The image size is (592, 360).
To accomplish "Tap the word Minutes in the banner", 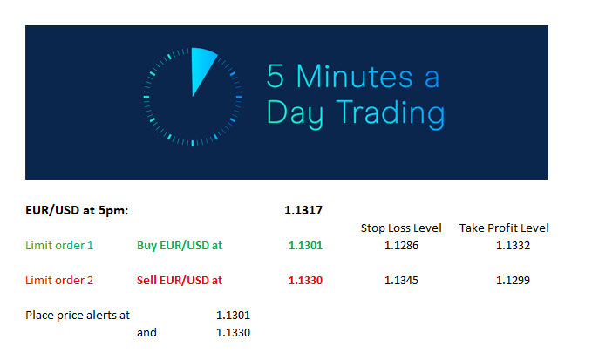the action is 355,77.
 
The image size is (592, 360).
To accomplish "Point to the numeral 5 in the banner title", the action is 276,76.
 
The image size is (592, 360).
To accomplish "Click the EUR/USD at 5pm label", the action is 77,210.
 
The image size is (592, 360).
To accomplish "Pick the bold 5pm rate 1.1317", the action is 303,210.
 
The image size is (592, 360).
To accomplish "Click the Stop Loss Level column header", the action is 401,228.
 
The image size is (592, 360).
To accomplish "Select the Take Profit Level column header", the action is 504,228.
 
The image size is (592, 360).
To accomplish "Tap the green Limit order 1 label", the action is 59,246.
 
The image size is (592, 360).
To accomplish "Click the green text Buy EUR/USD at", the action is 180,246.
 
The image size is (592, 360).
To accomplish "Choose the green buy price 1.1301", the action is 305,246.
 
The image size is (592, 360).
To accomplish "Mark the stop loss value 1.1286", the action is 401,246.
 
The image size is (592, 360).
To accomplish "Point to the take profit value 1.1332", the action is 513,246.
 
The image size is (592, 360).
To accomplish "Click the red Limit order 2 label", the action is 59,281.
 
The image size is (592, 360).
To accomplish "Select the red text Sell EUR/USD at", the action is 180,281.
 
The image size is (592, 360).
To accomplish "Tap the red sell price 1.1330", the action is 305,281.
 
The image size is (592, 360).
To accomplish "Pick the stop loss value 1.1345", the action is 401,281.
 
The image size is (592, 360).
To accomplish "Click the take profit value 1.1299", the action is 513,281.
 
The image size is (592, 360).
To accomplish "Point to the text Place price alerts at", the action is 78,315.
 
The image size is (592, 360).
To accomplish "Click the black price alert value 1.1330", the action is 233,333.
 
